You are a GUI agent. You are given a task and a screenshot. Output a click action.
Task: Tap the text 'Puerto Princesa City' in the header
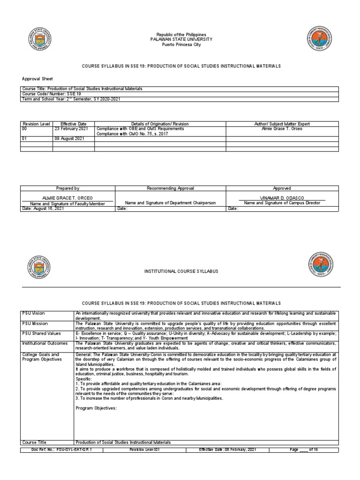pyautogui.click(x=180, y=45)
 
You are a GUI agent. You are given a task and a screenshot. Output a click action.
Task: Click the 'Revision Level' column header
pyautogui.click(x=37, y=124)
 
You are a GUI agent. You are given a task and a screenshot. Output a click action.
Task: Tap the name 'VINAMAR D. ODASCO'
pyautogui.click(x=282, y=198)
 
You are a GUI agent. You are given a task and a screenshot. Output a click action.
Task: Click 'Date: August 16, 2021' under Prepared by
pyautogui.click(x=43, y=209)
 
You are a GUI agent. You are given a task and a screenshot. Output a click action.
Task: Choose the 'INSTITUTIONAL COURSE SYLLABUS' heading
pyautogui.click(x=180, y=271)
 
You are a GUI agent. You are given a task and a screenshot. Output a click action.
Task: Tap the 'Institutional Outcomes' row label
pyautogui.click(x=45, y=343)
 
